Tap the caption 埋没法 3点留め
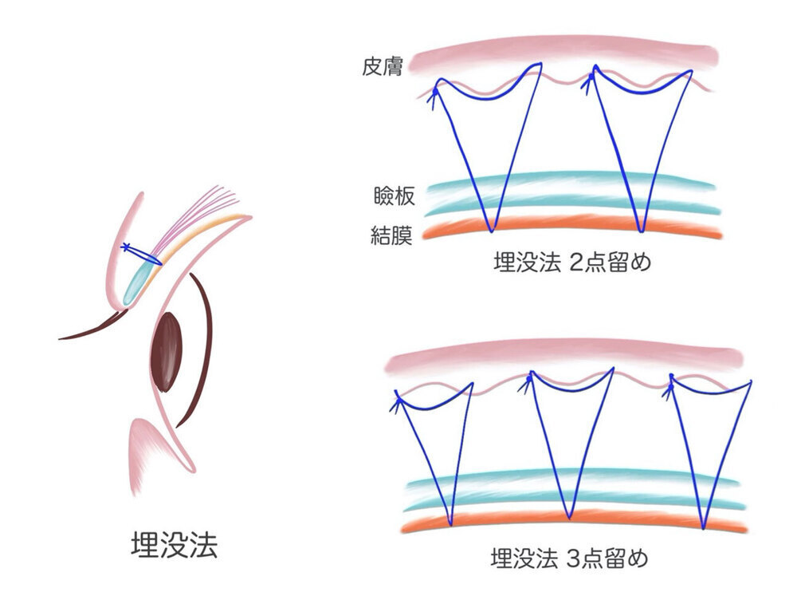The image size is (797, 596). tap(568, 557)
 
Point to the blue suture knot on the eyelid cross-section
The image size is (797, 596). tap(124, 247)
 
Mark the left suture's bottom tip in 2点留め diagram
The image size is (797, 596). tap(491, 231)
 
